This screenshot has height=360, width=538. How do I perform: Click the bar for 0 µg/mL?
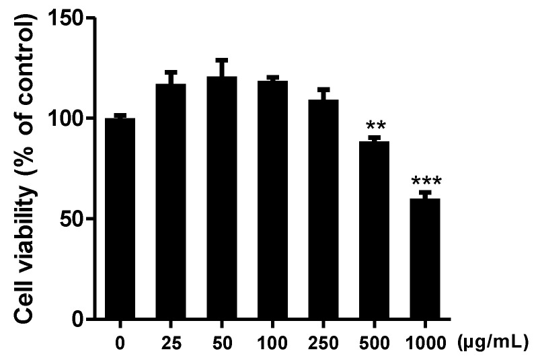click(x=120, y=219)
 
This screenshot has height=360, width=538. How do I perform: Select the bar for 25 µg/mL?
click(x=170, y=202)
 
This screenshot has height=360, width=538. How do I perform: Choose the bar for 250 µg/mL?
click(x=323, y=209)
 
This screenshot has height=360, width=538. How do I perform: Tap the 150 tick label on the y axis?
click(x=71, y=19)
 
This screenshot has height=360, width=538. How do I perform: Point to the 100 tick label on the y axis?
click(x=71, y=119)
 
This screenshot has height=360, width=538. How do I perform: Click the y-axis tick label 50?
click(x=77, y=219)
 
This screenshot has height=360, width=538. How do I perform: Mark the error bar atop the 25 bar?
click(x=170, y=77)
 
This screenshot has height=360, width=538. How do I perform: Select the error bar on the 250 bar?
click(x=323, y=94)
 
